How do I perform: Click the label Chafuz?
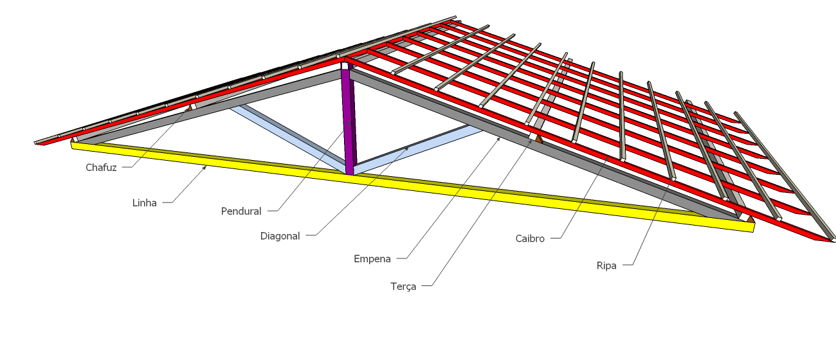click(101, 168)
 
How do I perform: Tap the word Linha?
click(145, 203)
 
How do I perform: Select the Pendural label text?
click(241, 211)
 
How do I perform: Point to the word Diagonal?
click(280, 236)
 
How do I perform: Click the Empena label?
click(372, 259)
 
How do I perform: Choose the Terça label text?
click(403, 287)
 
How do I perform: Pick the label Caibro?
click(530, 239)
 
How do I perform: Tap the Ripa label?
click(606, 265)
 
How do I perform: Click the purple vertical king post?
click(349, 120)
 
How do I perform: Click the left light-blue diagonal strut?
click(287, 137)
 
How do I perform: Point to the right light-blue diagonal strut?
click(418, 149)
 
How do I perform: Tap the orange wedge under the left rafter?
click(190, 108)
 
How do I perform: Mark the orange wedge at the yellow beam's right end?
click(750, 219)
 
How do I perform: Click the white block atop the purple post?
click(345, 66)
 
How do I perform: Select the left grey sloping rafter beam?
click(209, 106)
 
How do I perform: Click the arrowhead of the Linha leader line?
click(205, 167)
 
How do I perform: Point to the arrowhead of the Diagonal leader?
click(407, 148)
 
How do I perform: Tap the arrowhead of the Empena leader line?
click(499, 138)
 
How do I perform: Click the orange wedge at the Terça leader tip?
click(539, 138)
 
